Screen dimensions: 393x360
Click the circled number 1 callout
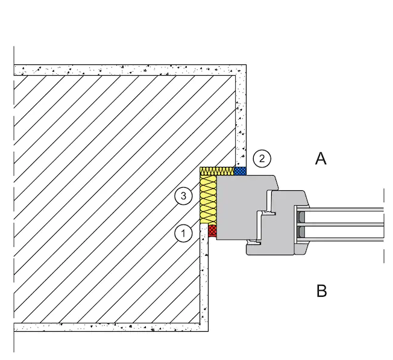click(183, 234)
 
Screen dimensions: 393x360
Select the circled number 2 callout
click(262, 158)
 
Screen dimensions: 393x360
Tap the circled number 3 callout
click(183, 196)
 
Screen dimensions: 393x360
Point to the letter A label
click(321, 158)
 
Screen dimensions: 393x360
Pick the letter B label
click(321, 291)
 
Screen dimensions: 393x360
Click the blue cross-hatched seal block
click(240, 171)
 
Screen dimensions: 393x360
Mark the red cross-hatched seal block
click(212, 231)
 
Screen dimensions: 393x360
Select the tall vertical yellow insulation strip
click(208, 199)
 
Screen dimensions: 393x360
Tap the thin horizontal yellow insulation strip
click(217, 171)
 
